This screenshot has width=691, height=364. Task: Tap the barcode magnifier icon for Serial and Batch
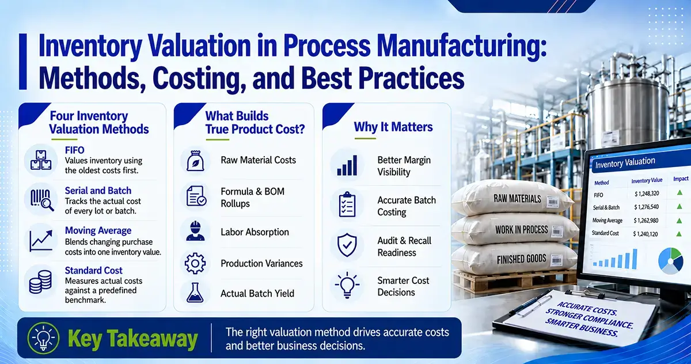point(42,200)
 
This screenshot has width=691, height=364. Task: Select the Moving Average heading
point(98,230)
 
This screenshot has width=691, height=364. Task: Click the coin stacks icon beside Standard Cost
point(40,282)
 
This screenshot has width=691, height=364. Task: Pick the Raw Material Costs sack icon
point(195,161)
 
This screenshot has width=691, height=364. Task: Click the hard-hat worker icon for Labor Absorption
point(195,231)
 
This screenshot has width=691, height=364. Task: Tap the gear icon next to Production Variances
point(195,263)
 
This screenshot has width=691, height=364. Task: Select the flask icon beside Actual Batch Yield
point(195,292)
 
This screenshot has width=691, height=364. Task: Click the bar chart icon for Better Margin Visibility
point(347,166)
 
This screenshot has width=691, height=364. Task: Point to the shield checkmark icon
point(347,245)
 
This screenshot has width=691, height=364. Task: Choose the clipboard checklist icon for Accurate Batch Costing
point(347,204)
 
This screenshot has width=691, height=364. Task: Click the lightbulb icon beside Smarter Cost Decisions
point(347,285)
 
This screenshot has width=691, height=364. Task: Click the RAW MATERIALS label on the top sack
point(517,199)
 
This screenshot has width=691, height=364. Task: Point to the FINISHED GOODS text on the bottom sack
point(521,259)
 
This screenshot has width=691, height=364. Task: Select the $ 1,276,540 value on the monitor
point(647,207)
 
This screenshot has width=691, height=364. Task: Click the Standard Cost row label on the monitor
point(605,233)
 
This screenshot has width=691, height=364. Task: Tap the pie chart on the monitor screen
point(670,261)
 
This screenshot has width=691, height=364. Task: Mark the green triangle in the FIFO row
point(679,192)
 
